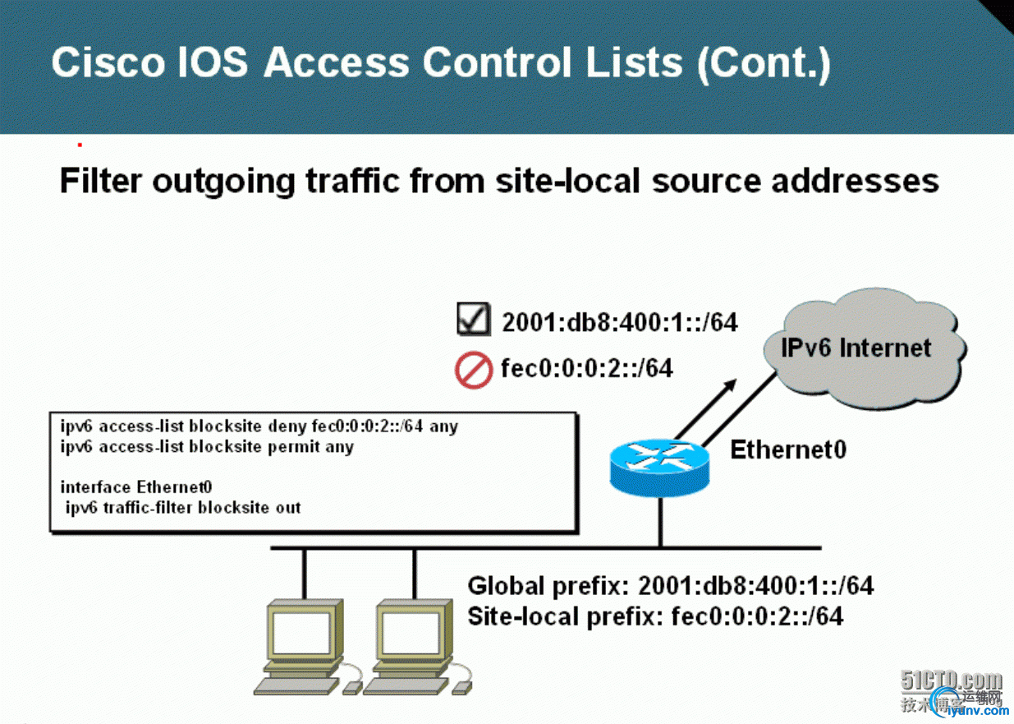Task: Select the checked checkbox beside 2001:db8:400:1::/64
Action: coord(474,320)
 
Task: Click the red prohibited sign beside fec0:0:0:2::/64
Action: coord(473,369)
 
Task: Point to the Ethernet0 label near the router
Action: coord(787,450)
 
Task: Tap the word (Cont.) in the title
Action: coord(764,64)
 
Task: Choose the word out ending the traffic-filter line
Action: coord(288,507)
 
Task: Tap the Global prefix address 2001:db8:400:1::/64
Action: coord(755,586)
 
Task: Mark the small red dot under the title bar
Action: coord(80,145)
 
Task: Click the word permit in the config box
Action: coord(301,447)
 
